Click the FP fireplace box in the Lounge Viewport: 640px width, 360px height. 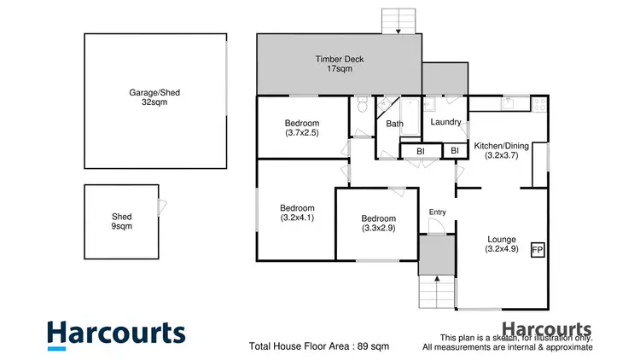pos(538,250)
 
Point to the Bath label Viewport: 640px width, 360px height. pos(394,125)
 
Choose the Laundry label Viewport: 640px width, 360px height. pos(446,122)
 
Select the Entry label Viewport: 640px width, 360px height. pos(437,212)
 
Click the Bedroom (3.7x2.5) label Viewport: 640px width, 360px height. pos(302,128)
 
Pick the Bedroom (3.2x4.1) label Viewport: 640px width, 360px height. pos(297,212)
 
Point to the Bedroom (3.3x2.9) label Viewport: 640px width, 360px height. pos(378,224)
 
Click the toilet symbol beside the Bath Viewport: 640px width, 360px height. pos(363,107)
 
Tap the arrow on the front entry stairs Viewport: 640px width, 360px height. pos(438,278)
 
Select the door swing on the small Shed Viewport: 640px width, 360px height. pos(162,206)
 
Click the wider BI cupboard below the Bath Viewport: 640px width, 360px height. pos(421,151)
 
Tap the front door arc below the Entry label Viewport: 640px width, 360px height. pos(435,226)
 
